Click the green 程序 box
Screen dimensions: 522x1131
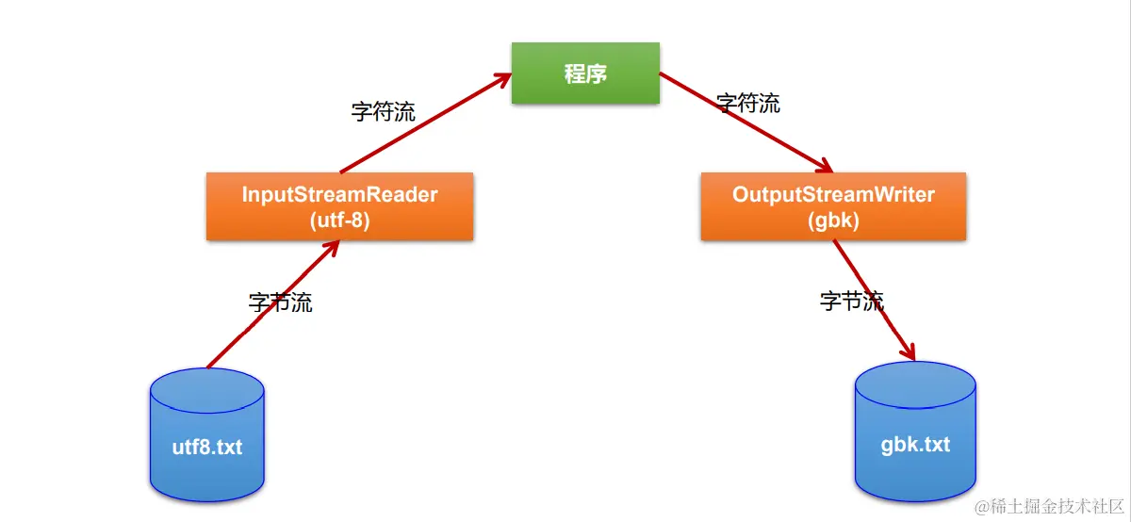click(x=585, y=73)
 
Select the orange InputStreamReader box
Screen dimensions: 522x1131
click(x=339, y=206)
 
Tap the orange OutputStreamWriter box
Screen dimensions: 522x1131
click(x=833, y=206)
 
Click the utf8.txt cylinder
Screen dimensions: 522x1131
click(x=206, y=435)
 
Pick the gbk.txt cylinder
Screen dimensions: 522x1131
click(x=915, y=433)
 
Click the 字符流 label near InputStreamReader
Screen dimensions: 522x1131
click(x=384, y=112)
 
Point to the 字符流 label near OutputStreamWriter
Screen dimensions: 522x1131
click(x=748, y=103)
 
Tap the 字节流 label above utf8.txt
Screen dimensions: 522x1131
click(x=281, y=302)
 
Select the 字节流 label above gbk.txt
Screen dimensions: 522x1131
click(x=852, y=302)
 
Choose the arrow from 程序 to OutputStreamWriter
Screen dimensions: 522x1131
click(x=745, y=124)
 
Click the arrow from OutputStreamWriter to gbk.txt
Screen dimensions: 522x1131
click(x=874, y=300)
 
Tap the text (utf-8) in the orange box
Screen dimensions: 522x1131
click(x=339, y=220)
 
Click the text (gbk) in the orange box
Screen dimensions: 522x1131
click(x=833, y=220)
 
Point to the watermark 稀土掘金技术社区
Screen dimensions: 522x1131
click(x=1048, y=506)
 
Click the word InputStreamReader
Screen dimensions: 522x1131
click(x=339, y=195)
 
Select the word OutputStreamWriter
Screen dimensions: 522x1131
click(x=833, y=195)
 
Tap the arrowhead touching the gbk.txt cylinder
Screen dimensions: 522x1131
click(x=908, y=351)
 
